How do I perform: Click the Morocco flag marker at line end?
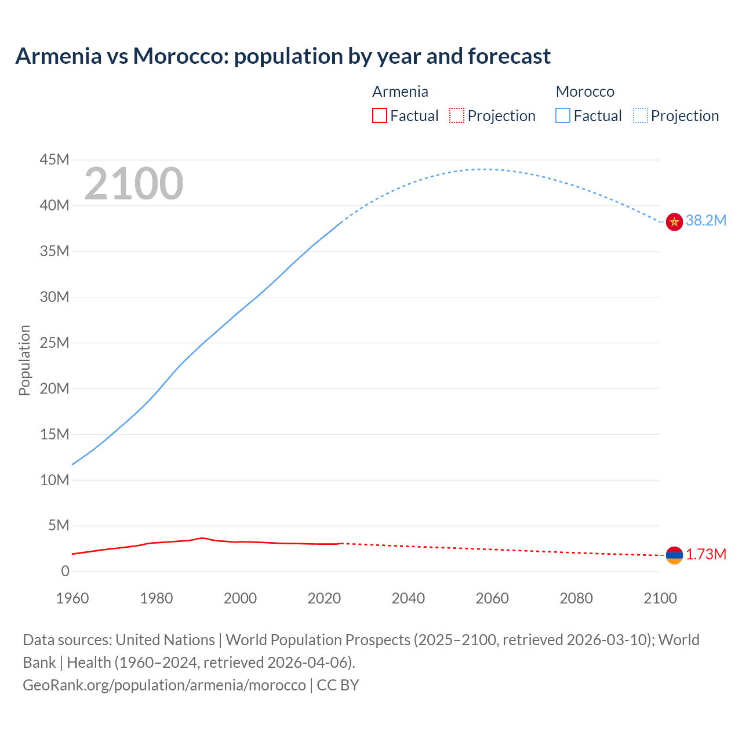click(674, 221)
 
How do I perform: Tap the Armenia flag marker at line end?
click(674, 555)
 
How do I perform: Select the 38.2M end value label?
click(705, 220)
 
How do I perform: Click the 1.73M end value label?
click(706, 555)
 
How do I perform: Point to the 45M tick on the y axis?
click(54, 159)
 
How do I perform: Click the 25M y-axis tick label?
click(54, 343)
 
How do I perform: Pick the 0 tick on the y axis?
click(65, 572)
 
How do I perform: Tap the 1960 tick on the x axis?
click(72, 598)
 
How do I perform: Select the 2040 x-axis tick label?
click(408, 598)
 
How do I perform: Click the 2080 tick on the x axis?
click(576, 598)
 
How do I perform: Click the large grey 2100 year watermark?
click(134, 184)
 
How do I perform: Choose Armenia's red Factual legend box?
click(379, 115)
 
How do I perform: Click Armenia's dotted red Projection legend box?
click(457, 115)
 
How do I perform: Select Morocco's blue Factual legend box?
click(563, 115)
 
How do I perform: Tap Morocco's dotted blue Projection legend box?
click(640, 115)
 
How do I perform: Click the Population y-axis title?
click(24, 360)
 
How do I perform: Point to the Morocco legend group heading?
click(585, 92)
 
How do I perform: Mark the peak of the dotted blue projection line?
click(484, 169)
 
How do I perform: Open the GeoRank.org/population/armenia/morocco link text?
click(164, 685)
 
